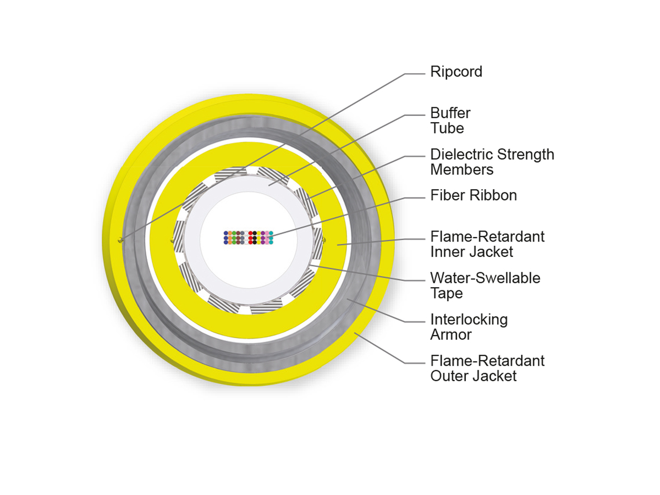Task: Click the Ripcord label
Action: (x=456, y=72)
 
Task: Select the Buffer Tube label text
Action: (x=450, y=120)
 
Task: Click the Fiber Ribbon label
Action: (x=474, y=195)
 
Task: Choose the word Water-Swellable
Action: (x=485, y=278)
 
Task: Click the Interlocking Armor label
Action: (x=469, y=327)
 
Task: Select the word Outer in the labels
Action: (x=449, y=376)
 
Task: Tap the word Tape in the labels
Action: (x=446, y=294)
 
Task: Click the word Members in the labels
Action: (x=461, y=169)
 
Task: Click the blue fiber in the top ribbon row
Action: (x=226, y=233)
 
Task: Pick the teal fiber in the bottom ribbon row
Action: (x=271, y=242)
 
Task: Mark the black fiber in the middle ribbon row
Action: (x=255, y=238)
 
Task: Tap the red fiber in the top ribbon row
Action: (x=250, y=233)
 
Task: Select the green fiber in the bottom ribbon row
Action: (x=234, y=242)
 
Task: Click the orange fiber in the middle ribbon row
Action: (x=230, y=238)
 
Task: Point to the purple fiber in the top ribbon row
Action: (x=262, y=233)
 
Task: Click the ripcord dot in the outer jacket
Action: (x=121, y=240)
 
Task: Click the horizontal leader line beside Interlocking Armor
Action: (x=415, y=322)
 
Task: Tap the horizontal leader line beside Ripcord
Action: (x=415, y=74)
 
